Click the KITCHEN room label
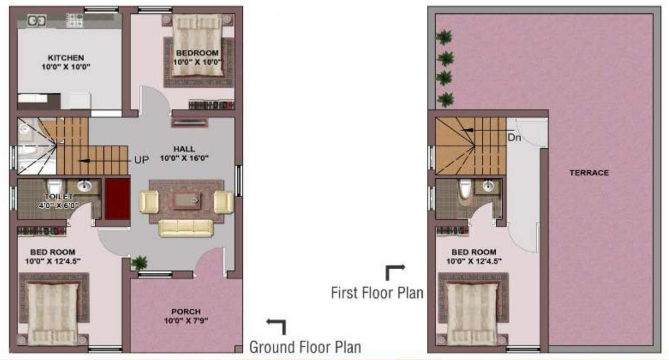66,58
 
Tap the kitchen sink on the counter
37,21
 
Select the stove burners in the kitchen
75,21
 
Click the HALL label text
184,149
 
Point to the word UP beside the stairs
141,160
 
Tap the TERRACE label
589,173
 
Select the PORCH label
186,311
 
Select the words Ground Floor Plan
305,346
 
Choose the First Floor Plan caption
377,292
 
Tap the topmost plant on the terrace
444,37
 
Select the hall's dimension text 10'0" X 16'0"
184,158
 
